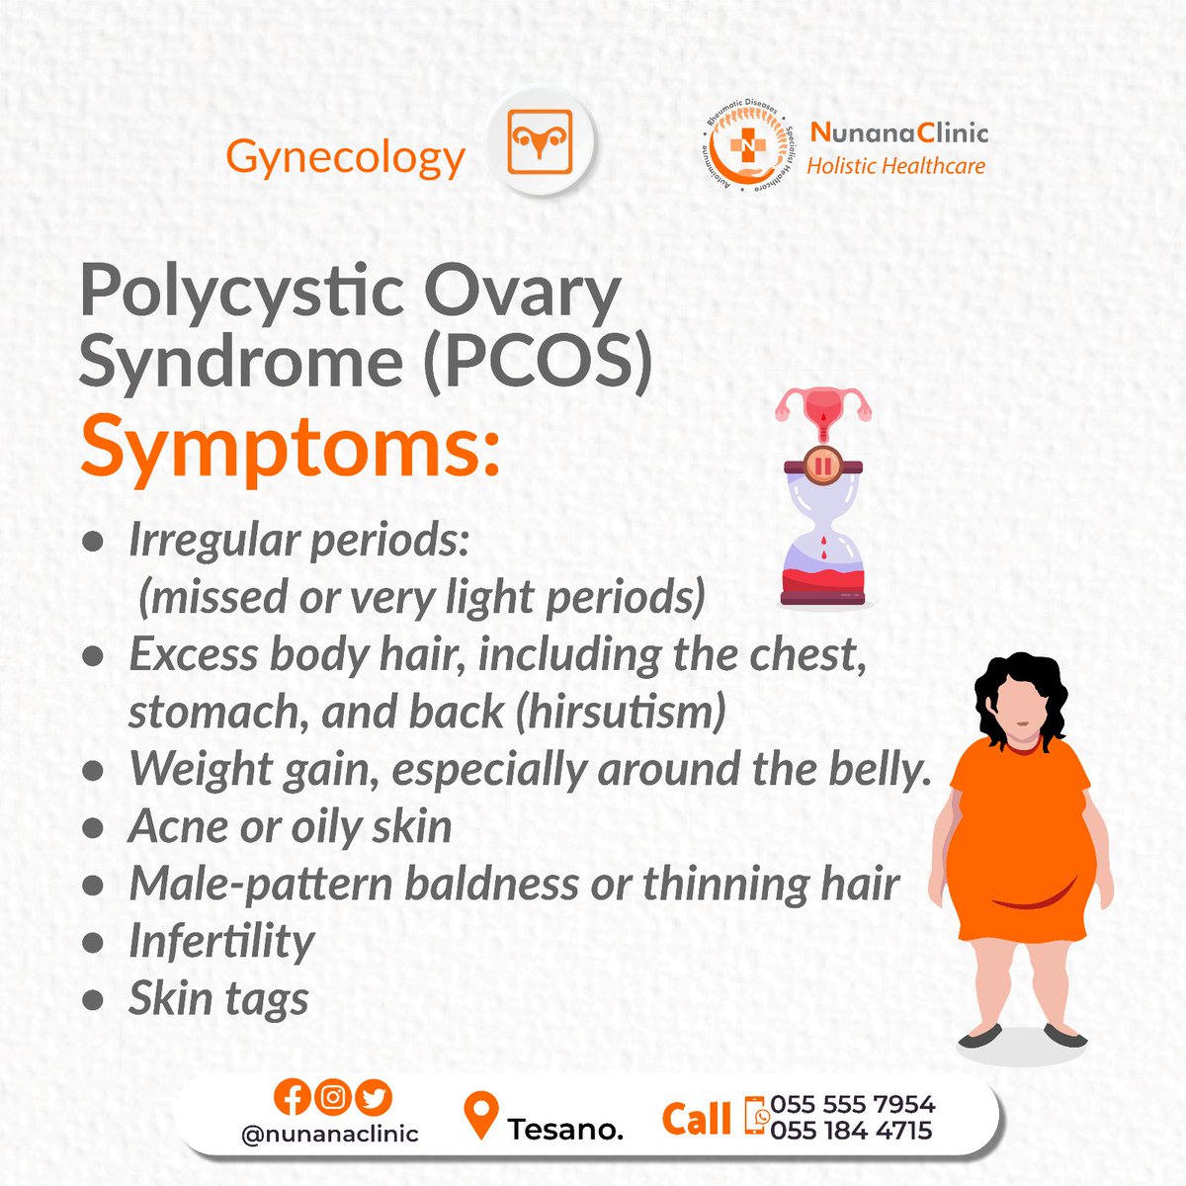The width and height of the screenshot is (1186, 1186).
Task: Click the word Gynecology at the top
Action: click(x=345, y=157)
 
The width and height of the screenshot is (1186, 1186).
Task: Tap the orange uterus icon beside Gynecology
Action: click(x=541, y=143)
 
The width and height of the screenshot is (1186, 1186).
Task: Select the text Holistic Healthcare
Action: click(x=895, y=166)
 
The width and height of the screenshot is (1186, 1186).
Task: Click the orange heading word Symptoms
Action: click(x=290, y=447)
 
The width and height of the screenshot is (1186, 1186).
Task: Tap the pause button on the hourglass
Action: click(x=822, y=464)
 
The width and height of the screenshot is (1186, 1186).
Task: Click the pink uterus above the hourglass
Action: click(x=823, y=408)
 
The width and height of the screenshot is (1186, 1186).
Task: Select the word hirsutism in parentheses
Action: click(x=621, y=712)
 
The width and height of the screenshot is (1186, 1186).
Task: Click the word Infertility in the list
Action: click(x=221, y=941)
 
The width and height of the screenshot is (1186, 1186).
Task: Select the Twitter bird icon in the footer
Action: click(x=376, y=1097)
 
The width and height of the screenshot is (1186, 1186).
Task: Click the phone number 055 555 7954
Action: click(x=853, y=1104)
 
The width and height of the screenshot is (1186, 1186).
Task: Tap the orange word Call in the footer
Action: click(x=697, y=1119)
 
